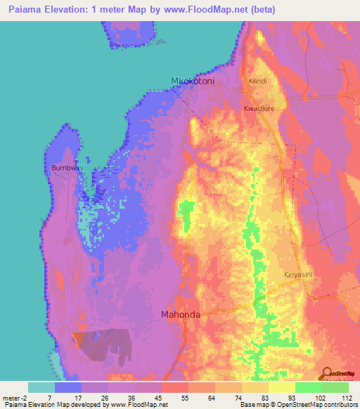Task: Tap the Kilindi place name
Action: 258,82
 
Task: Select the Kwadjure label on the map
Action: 257,109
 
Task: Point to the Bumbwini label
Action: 67,168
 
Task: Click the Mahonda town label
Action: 181,314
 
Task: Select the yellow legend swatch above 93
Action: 281,387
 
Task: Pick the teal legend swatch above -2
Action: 41,387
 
